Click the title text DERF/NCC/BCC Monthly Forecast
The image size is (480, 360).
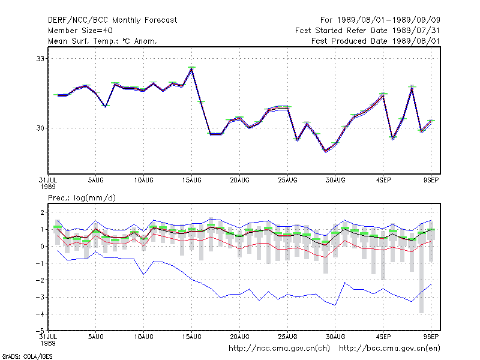click(x=112, y=20)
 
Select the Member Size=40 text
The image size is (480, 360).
click(x=80, y=31)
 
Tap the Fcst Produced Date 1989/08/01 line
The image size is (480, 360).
click(x=376, y=41)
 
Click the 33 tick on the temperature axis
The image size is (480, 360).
click(x=40, y=58)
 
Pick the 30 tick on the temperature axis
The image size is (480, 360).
click(x=40, y=128)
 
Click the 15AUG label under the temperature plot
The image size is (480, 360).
click(x=191, y=181)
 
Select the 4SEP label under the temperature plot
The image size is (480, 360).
click(x=383, y=181)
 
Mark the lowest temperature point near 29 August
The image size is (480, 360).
click(x=326, y=151)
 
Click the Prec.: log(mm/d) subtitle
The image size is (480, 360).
click(x=82, y=198)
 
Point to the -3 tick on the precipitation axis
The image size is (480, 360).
click(x=40, y=297)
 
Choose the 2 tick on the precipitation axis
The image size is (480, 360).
click(x=42, y=212)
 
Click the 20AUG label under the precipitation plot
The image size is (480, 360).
click(x=239, y=337)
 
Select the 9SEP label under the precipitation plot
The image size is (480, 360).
click(x=431, y=337)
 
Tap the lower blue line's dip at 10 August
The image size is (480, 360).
click(x=143, y=274)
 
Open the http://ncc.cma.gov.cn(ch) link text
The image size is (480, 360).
click(x=279, y=349)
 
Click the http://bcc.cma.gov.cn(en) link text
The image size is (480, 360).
click(x=389, y=349)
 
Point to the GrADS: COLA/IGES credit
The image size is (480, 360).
click(x=27, y=356)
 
